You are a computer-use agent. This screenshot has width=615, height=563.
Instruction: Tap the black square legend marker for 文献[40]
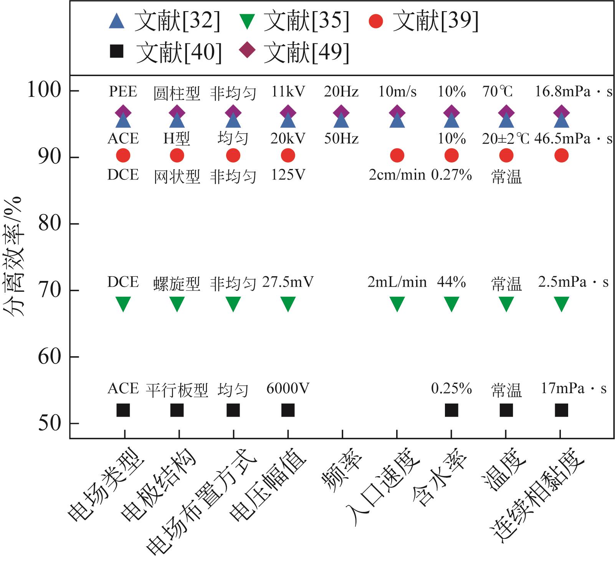coord(117,51)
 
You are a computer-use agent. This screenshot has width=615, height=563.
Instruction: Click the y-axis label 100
coord(44,90)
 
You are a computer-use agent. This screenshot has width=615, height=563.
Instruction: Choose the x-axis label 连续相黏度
coord(537,496)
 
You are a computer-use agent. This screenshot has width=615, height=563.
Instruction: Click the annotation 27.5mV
coord(288,282)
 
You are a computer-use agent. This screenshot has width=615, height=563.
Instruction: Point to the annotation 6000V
coord(288,389)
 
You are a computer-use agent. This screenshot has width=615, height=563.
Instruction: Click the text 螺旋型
coord(177,284)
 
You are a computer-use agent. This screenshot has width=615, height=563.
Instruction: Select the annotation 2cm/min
coord(397,175)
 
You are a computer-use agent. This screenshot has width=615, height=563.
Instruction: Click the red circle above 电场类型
coord(123,156)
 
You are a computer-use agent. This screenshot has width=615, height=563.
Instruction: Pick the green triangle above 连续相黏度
coord(562,304)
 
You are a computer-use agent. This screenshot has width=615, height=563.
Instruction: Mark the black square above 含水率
coord(451,410)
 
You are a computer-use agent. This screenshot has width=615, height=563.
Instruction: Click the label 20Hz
coord(341,92)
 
